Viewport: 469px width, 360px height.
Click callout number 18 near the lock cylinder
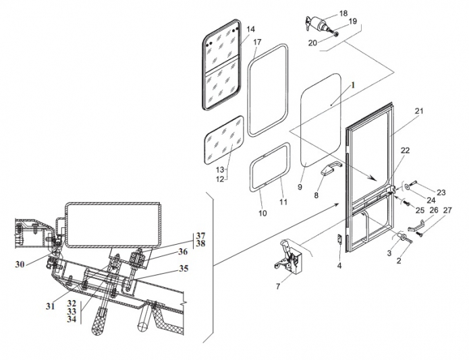[343, 13]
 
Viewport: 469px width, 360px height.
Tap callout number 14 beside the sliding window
[250, 29]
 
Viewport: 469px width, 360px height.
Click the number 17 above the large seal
[257, 42]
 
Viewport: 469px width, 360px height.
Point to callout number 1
[353, 85]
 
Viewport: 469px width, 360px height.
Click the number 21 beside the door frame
[419, 111]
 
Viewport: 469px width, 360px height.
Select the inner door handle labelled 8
[331, 168]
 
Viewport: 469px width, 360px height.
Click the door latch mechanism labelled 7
[287, 256]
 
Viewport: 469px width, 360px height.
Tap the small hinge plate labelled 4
[340, 239]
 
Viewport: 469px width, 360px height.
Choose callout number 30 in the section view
[20, 264]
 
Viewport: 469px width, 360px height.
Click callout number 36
[182, 251]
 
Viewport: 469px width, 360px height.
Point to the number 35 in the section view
[184, 268]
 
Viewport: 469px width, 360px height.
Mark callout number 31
[50, 306]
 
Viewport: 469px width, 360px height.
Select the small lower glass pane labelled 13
[224, 140]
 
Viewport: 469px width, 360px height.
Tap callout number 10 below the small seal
[263, 213]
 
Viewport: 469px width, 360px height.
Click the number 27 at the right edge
[447, 210]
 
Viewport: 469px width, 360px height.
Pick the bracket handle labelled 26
[416, 226]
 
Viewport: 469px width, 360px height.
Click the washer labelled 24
[407, 187]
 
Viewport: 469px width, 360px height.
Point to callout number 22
[405, 150]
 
